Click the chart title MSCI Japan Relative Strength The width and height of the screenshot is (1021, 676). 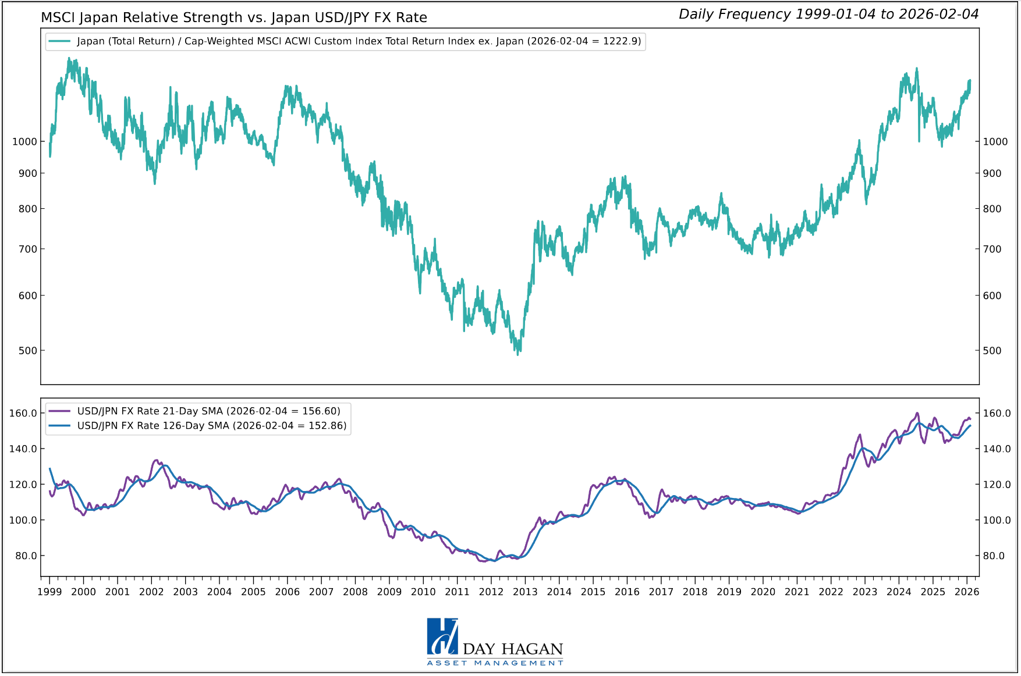coord(233,17)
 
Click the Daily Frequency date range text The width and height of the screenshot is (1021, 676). coord(828,15)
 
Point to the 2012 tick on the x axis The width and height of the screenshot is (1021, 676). coord(491,592)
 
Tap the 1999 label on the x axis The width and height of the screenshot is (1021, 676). coord(49,592)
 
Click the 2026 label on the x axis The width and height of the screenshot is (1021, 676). coord(967,592)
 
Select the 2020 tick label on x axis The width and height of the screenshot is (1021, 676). coord(763,592)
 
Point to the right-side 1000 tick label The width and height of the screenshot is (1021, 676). coord(995,141)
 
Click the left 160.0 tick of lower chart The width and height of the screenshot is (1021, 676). coord(23,413)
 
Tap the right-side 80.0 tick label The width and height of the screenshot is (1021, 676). coord(994,556)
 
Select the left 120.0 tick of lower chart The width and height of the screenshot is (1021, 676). coord(23,485)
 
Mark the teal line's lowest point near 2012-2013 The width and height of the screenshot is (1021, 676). coord(517,354)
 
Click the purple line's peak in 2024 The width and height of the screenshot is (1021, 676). coord(917,414)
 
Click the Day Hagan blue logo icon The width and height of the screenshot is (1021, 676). coord(442,636)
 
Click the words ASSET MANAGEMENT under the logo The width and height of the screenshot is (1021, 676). coord(495,663)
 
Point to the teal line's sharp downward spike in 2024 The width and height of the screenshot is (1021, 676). coord(919,140)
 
